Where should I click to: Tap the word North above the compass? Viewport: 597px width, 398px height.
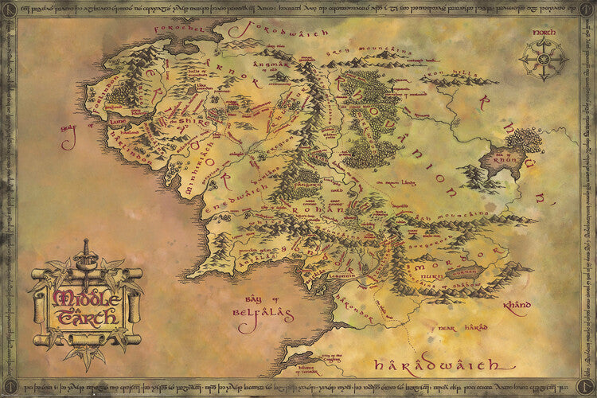coord(544,34)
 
